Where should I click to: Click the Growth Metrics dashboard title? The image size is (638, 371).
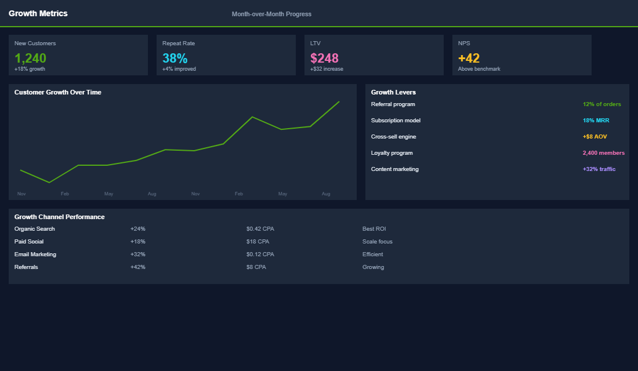tap(38, 13)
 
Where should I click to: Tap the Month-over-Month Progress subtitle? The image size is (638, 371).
tap(271, 14)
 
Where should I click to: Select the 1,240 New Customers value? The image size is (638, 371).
tap(30, 58)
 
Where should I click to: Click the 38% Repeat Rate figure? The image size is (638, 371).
tap(175, 58)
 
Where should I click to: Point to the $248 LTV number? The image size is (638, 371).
tap(324, 58)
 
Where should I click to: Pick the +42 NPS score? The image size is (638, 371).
tap(469, 58)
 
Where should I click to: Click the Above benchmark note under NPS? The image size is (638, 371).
tap(479, 69)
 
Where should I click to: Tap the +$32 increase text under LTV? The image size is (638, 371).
tap(327, 69)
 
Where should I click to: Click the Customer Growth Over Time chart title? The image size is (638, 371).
tap(58, 92)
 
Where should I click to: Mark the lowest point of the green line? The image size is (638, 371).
tap(49, 183)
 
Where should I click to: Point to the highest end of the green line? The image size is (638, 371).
tap(339, 101)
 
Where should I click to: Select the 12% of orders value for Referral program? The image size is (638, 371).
tap(601, 104)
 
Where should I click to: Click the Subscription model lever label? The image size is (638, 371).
tap(396, 121)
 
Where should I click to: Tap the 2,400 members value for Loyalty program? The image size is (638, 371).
tap(603, 153)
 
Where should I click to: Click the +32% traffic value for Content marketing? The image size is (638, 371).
tap(599, 169)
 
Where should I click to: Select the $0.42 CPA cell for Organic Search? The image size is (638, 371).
tap(260, 229)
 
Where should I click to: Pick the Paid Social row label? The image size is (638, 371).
tap(29, 242)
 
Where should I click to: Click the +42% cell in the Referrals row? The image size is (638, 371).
tap(138, 267)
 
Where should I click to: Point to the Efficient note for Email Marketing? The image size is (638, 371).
tap(372, 254)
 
